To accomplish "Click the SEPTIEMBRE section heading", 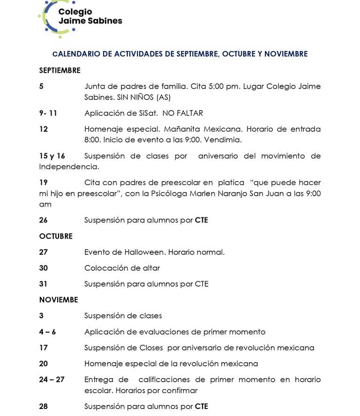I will point(60,70).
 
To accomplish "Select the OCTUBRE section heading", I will point(56,236).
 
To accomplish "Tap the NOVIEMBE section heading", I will point(59,300).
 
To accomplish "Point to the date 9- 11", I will point(48,113).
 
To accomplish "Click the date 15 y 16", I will point(52,156).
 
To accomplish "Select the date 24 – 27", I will point(52,379).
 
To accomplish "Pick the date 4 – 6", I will point(47,332).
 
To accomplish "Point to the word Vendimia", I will point(225,140).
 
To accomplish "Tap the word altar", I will point(150,268).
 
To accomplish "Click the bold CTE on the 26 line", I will point(202,220).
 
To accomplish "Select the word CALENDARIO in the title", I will point(75,54).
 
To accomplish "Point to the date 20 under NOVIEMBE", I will point(43,364).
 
